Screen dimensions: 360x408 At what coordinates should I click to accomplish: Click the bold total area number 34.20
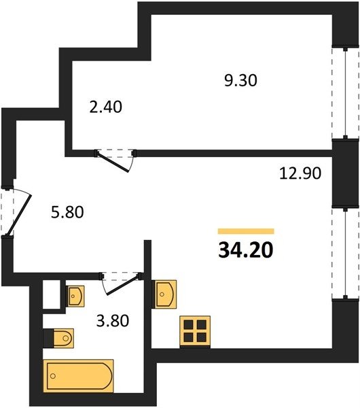coord(246,250)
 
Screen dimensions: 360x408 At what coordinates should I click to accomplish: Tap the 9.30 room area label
coord(240,80)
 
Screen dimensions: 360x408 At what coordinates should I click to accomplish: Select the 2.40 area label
coord(105,107)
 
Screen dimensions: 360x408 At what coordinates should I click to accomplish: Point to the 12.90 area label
coord(300,173)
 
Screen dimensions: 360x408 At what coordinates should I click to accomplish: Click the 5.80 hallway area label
coord(67,211)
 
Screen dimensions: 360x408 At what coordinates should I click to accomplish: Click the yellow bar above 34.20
coord(246,231)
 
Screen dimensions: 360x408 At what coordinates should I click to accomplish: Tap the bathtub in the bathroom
coord(78,376)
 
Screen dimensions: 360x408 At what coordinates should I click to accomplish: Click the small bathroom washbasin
coord(75,296)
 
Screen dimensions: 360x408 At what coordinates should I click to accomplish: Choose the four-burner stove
coord(195,332)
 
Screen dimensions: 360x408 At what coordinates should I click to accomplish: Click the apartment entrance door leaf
coord(19,215)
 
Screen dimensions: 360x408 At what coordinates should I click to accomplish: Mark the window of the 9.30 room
coord(345,92)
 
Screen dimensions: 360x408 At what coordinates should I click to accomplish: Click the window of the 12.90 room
coord(345,253)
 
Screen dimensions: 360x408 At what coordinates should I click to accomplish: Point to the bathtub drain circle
coord(53,376)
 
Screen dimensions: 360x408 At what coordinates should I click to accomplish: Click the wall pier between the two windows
coord(345,173)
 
